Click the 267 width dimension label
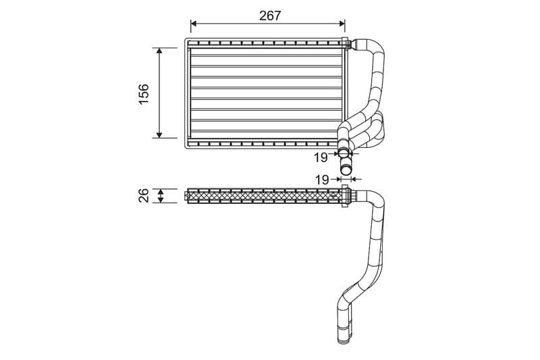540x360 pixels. (269, 16)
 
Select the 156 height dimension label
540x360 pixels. (143, 93)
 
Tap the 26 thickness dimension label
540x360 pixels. (143, 196)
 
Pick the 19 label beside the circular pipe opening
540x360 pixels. (321, 157)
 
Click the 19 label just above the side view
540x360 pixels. (322, 180)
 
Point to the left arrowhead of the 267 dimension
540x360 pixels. (194, 26)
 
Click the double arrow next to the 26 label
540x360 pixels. (160, 196)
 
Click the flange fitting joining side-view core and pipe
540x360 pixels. (346, 196)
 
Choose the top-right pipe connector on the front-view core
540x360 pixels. (348, 45)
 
